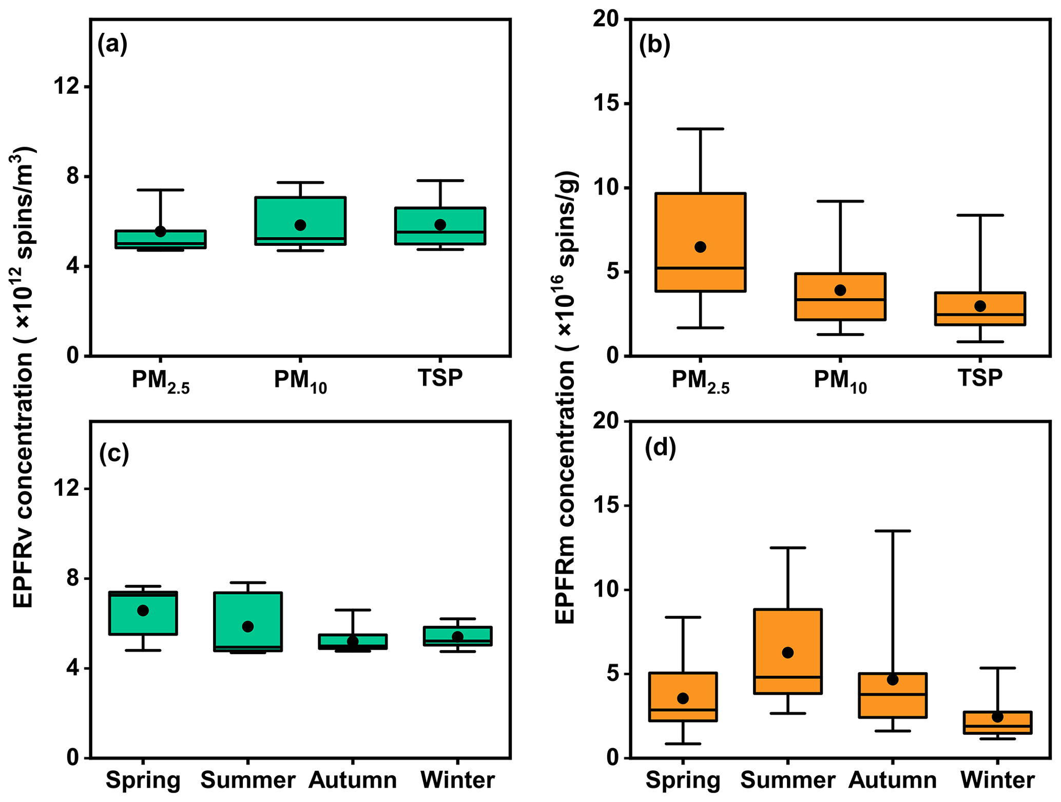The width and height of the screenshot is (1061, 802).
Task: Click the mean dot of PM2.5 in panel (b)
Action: [x=700, y=247]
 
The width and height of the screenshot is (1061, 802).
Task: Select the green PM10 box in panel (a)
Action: [x=300, y=210]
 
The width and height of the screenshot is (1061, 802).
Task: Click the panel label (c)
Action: [x=114, y=453]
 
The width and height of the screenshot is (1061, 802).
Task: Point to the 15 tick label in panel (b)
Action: [x=605, y=104]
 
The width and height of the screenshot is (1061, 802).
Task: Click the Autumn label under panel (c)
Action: [x=353, y=780]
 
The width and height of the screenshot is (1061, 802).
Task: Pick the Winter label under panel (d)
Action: [x=997, y=780]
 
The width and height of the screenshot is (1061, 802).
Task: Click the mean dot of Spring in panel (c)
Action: [x=143, y=611]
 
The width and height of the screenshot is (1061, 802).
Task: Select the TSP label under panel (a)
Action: [x=440, y=378]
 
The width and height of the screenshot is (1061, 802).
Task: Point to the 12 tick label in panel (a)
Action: [x=68, y=87]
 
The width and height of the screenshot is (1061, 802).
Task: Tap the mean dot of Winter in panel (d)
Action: [x=997, y=717]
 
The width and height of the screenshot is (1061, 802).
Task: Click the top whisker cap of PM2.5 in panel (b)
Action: [x=700, y=129]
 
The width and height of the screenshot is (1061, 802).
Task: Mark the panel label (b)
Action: [x=654, y=45]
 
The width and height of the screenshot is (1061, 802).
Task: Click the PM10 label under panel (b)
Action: [x=840, y=381]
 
